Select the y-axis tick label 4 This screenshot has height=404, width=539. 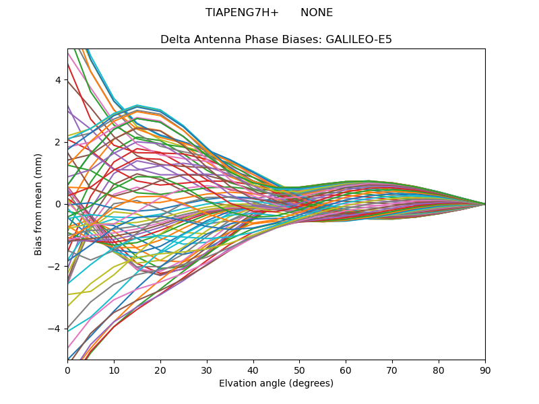(57, 80)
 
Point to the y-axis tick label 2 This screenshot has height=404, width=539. (57, 142)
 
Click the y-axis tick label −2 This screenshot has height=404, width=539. (55, 267)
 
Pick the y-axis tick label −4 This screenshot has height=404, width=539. (55, 329)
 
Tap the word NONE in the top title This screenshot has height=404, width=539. (317, 13)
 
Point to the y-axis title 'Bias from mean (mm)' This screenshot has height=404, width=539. (38, 204)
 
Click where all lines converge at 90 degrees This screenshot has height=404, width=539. (484, 204)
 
